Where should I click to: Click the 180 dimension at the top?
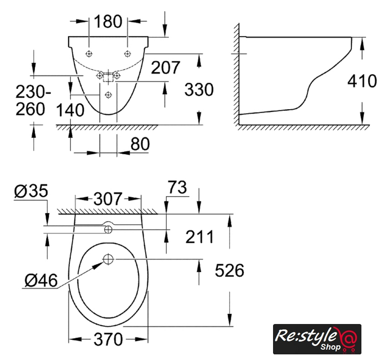[108, 21]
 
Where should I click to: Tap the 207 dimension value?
[165, 67]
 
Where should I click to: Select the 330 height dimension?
[199, 89]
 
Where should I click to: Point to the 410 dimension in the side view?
[362, 81]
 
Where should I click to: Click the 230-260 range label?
[33, 101]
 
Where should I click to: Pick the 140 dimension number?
[70, 110]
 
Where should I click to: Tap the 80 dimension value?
[140, 144]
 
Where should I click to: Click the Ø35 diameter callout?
[31, 191]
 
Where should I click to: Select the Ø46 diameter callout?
[41, 281]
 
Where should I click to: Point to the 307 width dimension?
[108, 199]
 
